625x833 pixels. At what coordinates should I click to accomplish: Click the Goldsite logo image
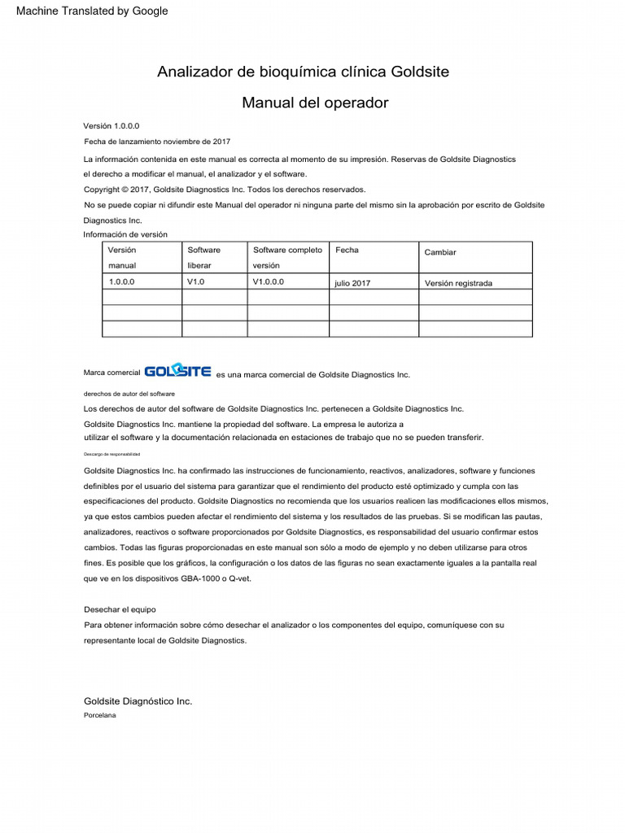click(x=177, y=372)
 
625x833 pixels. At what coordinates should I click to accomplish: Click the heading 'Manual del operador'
click(x=315, y=103)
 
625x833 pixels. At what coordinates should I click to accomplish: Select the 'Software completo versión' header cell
click(x=287, y=257)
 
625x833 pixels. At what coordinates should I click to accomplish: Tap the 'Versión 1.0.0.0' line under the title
click(x=111, y=126)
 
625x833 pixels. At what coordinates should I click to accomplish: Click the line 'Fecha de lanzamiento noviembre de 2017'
click(x=157, y=142)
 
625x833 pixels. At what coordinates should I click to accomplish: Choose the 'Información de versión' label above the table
click(x=125, y=234)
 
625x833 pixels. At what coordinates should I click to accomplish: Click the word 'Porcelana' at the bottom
click(x=100, y=715)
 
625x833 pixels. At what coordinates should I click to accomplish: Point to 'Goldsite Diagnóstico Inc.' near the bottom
click(x=138, y=700)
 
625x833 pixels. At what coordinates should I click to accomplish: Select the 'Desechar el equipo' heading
click(x=120, y=608)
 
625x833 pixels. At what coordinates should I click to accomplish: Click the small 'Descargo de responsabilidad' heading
click(x=111, y=454)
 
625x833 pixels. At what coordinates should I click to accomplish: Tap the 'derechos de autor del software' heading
click(x=124, y=393)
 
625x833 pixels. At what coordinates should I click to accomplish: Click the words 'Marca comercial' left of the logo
click(x=111, y=373)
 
